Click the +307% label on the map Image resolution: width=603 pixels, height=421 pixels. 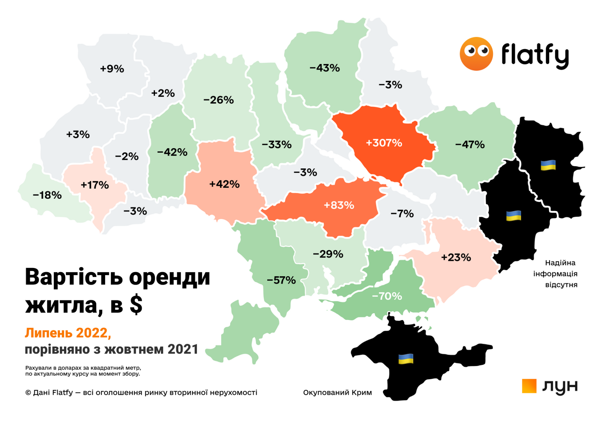tap(384, 143)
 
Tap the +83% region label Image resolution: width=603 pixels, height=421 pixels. tap(339, 205)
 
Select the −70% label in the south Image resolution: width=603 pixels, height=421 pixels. tap(387, 296)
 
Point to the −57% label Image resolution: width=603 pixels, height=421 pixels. tap(281, 280)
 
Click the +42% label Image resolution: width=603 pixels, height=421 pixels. tap(224, 184)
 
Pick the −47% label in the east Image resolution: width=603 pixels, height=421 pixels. tap(470, 144)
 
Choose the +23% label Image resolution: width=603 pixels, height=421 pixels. tap(456, 257)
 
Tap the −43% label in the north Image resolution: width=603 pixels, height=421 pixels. tap(324, 68)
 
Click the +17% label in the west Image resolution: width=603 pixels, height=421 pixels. tap(95, 185)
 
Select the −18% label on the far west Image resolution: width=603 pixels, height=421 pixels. tap(47, 195)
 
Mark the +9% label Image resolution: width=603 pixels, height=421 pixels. tap(112, 69)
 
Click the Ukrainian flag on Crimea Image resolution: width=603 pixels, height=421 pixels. tap(406, 359)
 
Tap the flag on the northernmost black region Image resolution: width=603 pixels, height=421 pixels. tap(548, 165)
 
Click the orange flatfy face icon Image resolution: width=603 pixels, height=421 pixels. tap(476, 54)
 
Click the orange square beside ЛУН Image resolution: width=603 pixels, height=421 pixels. tap(529, 386)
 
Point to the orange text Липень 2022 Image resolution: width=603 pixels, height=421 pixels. tap(68, 333)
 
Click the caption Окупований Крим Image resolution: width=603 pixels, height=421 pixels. tap(337, 393)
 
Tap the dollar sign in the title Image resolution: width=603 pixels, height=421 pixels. tap(136, 305)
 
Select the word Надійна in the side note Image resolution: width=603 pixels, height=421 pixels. tap(560, 263)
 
